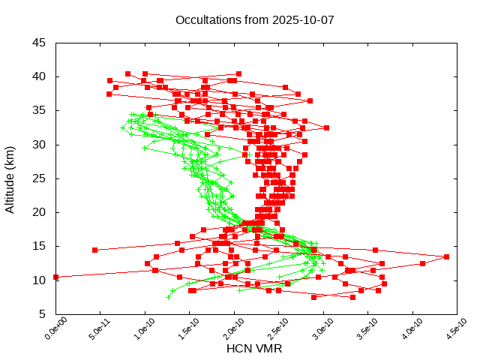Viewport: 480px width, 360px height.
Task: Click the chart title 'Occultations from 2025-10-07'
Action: click(x=254, y=19)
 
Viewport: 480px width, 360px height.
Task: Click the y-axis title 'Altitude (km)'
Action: click(x=10, y=178)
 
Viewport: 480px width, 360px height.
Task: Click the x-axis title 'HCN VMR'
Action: click(x=254, y=349)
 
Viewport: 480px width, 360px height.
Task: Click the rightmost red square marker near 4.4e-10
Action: click(x=446, y=256)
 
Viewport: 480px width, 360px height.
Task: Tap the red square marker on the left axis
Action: click(x=55, y=277)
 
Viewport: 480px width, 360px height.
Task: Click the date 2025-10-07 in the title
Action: click(x=304, y=19)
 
